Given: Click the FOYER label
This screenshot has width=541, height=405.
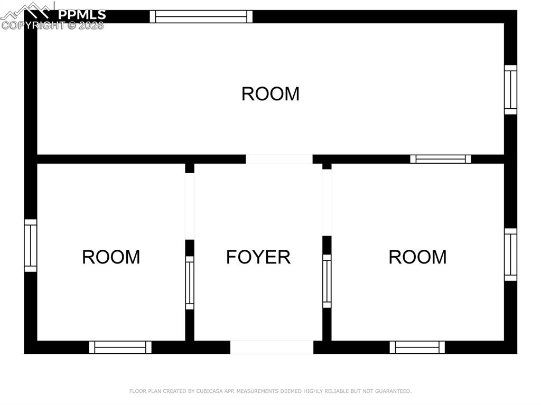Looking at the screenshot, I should point(258,257).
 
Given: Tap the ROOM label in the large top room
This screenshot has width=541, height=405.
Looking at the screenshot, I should point(270,94).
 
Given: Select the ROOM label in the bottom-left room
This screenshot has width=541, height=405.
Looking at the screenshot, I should point(111,257).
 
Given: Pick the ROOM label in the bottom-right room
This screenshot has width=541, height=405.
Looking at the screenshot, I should point(417,257).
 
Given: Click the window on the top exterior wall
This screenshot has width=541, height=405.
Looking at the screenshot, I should point(201,16).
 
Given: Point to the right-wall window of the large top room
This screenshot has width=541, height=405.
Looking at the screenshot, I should point(510,90).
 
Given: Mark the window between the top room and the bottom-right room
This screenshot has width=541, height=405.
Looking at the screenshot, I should point(441,159).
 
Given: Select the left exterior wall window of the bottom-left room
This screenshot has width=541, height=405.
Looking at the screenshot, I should point(31,246).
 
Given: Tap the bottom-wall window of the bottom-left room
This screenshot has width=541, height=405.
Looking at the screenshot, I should point(120,347).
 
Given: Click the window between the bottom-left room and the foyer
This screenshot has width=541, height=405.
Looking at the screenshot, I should point(190,282).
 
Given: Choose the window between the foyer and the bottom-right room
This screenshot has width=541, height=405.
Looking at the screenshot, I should point(327,281).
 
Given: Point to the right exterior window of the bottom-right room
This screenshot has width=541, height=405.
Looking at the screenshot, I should point(510,255).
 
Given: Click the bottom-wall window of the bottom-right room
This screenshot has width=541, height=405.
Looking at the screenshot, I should point(417,347).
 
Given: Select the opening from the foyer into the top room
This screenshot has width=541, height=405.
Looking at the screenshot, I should point(279,159).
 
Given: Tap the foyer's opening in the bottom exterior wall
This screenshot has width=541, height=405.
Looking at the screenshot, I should point(272,347).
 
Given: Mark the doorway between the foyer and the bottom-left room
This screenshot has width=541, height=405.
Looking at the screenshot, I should point(190,206).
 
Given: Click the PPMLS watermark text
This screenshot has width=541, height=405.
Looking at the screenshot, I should point(82,14).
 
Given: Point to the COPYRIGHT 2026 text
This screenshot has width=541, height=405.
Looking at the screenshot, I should point(53,25).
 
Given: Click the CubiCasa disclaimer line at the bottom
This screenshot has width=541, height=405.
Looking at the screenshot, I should point(270,391).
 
